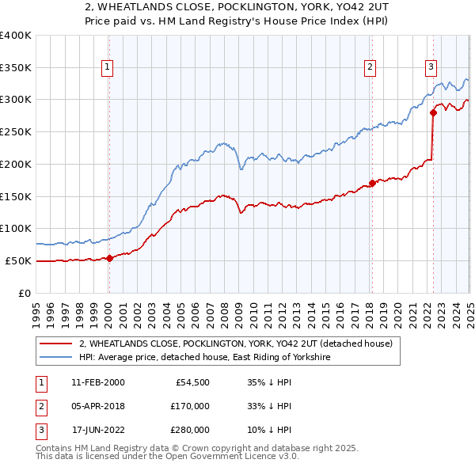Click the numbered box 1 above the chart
pos(108,68)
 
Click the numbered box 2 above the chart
pos(370,68)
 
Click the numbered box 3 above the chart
pos(431,68)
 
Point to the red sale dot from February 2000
pos(109,257)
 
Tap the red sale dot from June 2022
pos(433,112)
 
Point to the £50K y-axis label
pos(18,260)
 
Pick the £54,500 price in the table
pos(192,382)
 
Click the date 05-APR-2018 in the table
pos(97,406)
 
